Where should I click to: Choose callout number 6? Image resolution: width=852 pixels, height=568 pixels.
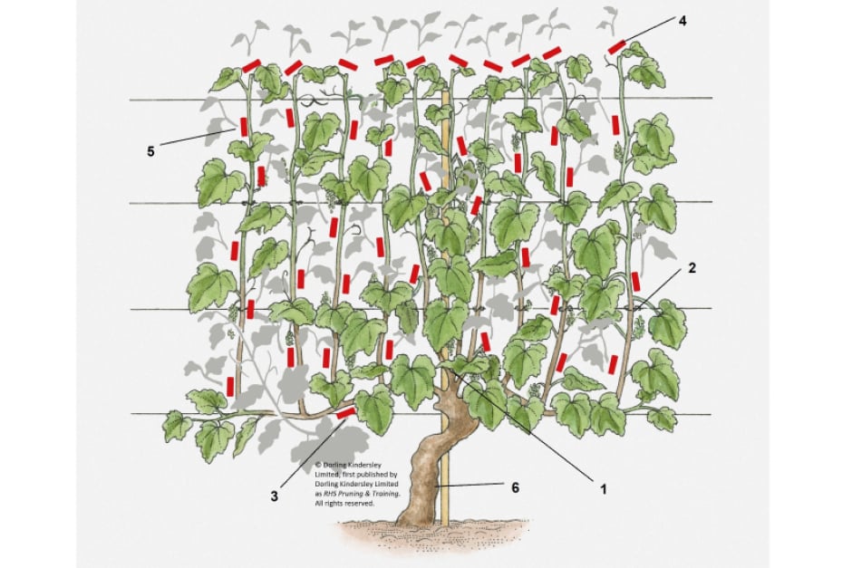[x=516, y=487]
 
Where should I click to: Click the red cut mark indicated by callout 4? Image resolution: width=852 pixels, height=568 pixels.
[x=617, y=45]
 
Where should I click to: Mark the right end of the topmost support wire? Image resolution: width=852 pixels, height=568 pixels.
[x=712, y=98]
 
